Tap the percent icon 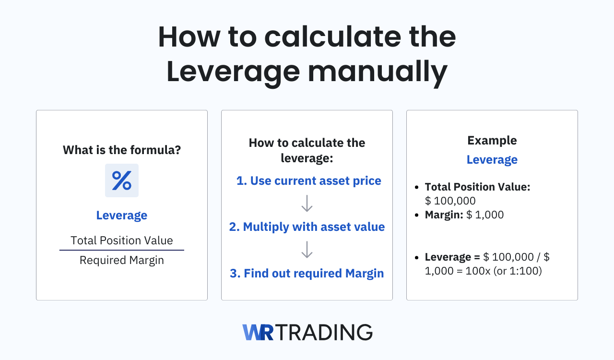pos(122,180)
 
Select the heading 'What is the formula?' pos(122,150)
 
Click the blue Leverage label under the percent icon pos(122,216)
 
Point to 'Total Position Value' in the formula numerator pos(122,240)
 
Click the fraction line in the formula pos(122,250)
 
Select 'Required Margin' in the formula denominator pos(122,260)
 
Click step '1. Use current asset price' pos(308,181)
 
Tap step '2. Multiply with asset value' pos(307,227)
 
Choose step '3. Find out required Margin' pos(307,273)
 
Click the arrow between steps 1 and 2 pos(307,204)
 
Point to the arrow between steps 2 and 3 pos(307,250)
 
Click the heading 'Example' pos(492,141)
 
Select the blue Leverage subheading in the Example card pos(492,160)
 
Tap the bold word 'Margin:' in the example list pos(443,215)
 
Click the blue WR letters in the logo pos(258,332)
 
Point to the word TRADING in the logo pos(324,332)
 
